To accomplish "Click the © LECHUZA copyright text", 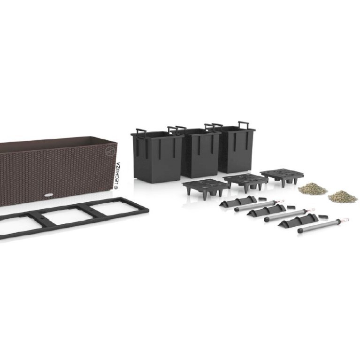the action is (x=117, y=176).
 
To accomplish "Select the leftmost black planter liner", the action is (x=157, y=156).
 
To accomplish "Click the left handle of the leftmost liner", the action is (x=141, y=131).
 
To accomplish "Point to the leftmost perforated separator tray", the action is (x=206, y=187).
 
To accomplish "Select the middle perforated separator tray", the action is (x=245, y=181).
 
